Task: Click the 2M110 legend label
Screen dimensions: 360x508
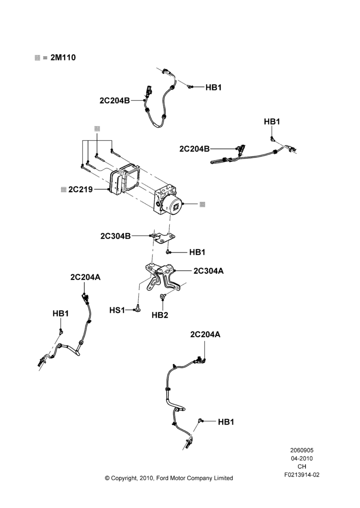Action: click(x=63, y=58)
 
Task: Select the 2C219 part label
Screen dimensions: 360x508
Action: click(x=80, y=189)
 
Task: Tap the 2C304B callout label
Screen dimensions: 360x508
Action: click(x=115, y=236)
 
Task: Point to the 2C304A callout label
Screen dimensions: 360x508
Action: click(x=208, y=271)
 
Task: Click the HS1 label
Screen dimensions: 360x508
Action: click(x=117, y=310)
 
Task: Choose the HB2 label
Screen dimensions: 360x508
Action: click(x=160, y=315)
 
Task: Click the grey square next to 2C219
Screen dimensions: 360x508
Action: click(x=64, y=189)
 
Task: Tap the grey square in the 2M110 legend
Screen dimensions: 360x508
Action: click(x=37, y=58)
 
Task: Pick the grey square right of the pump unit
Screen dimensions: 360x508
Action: click(x=202, y=204)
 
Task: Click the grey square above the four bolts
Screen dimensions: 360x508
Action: click(x=97, y=129)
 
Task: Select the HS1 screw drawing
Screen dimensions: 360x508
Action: click(x=137, y=308)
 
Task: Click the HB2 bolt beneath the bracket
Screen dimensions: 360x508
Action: click(x=163, y=296)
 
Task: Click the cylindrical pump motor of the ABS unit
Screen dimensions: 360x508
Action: click(x=174, y=206)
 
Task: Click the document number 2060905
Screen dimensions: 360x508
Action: click(x=302, y=450)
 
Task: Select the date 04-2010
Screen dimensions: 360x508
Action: click(x=302, y=458)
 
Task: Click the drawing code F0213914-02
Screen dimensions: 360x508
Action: click(x=302, y=475)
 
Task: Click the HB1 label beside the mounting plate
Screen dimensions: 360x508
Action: click(x=197, y=252)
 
